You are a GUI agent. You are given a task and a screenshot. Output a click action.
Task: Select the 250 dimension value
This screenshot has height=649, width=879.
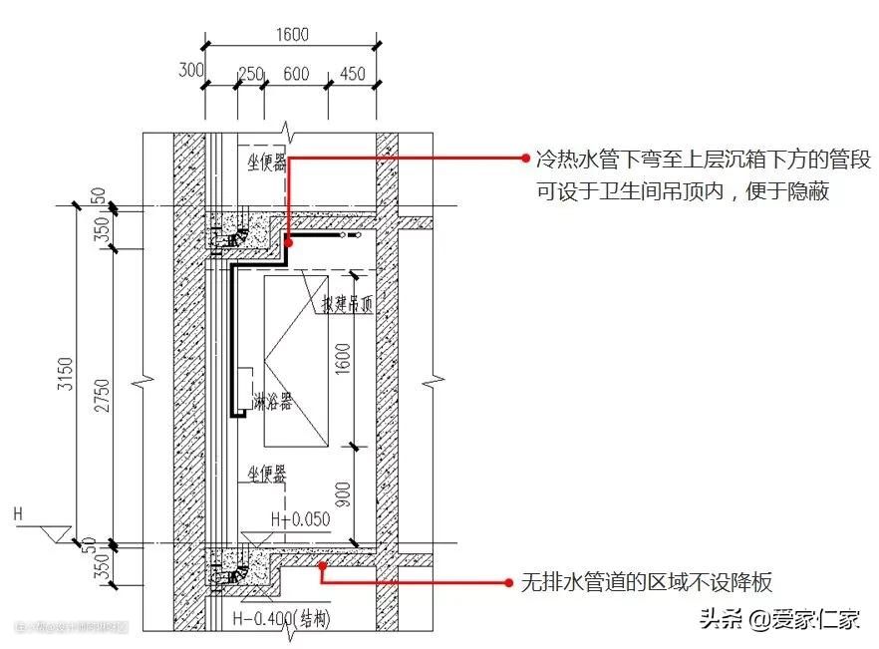251,74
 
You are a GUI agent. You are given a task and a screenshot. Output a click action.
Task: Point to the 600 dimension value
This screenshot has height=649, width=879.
295,74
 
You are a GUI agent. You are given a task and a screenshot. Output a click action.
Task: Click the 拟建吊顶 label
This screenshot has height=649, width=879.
346,305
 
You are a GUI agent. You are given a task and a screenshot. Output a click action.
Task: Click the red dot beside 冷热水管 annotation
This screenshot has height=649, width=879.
525,158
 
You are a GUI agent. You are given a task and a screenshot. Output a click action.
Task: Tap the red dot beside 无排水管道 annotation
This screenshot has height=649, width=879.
510,582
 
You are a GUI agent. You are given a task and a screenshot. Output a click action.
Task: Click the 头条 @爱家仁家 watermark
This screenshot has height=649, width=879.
778,619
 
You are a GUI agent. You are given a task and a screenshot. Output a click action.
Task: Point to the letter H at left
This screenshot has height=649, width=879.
18,514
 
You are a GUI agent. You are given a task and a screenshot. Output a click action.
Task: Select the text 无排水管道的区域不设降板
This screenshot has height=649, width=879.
646,582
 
